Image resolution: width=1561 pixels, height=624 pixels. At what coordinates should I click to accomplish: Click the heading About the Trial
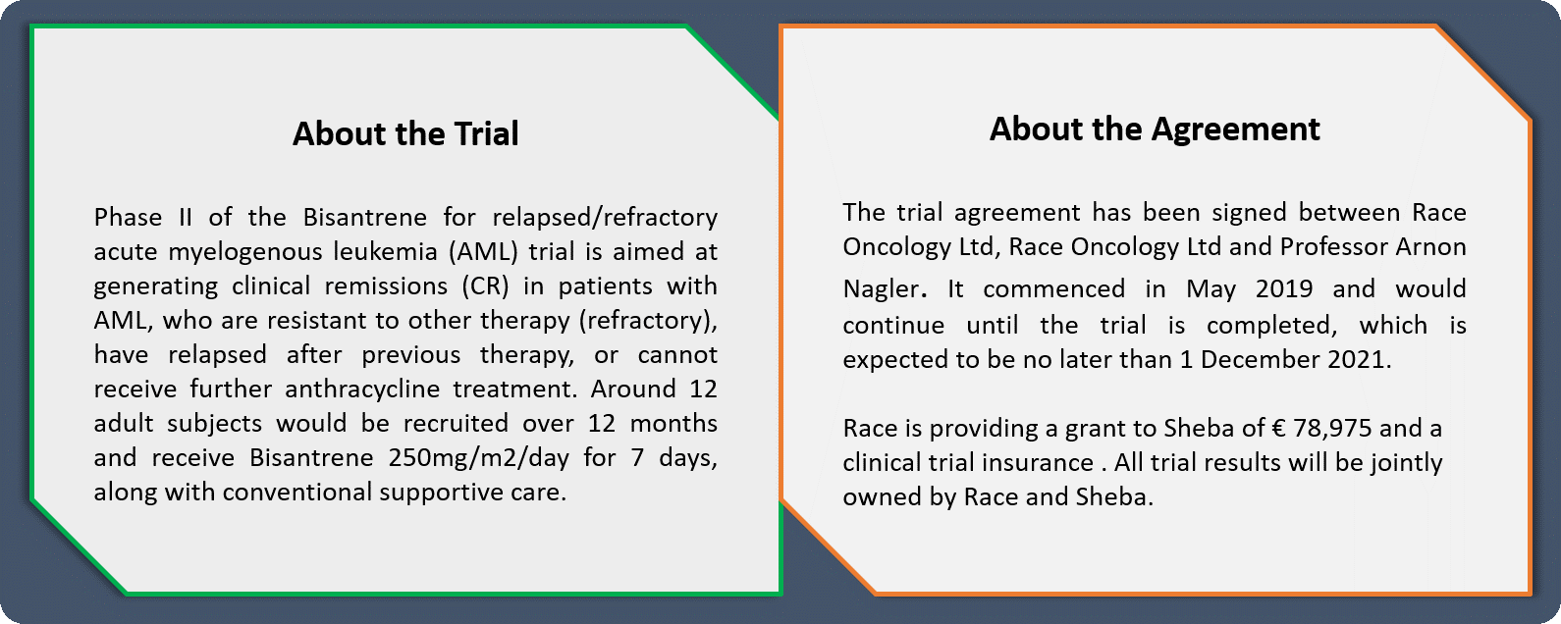(405, 133)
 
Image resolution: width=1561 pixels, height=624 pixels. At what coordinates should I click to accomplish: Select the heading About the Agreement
(1155, 129)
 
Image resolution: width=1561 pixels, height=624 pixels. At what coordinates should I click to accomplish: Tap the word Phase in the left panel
(129, 217)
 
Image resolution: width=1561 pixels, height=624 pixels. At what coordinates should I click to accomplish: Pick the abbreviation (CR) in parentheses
(485, 286)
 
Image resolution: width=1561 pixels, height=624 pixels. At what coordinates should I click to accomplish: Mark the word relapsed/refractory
(605, 217)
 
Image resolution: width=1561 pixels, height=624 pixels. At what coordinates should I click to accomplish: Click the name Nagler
(881, 289)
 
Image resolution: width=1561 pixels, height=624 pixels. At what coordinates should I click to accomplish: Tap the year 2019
(1283, 289)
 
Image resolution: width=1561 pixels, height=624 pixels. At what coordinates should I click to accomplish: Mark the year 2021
(1359, 359)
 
